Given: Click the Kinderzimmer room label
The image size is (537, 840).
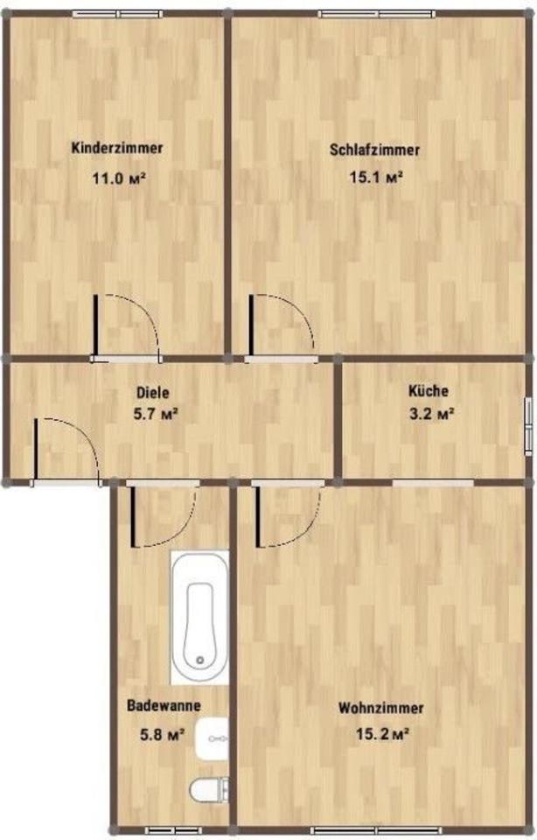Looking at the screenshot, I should (117, 148).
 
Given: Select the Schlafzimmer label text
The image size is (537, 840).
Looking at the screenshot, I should (374, 150).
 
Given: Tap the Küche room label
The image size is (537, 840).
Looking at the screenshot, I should (429, 392).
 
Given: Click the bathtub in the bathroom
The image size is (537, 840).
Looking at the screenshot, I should (200, 617).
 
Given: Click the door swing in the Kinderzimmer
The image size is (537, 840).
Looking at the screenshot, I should (127, 325).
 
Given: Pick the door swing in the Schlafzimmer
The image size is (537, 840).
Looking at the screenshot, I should (282, 325).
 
